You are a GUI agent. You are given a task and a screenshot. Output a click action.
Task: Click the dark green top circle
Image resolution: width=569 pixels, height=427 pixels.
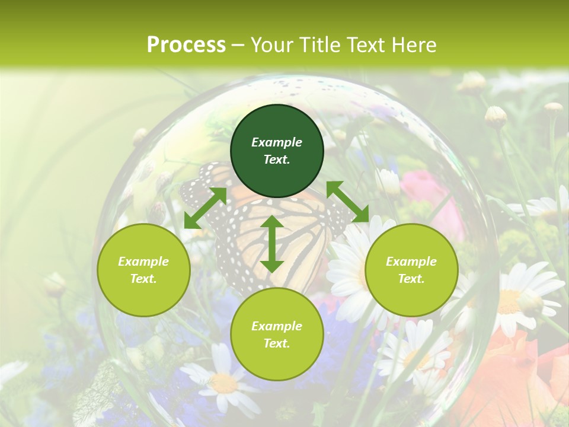pyautogui.click(x=277, y=151)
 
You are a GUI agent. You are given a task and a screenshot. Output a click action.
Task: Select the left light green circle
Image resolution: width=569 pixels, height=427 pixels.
pyautogui.click(x=143, y=270)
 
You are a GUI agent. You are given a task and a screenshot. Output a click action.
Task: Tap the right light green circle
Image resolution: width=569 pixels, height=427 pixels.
pyautogui.click(x=411, y=270)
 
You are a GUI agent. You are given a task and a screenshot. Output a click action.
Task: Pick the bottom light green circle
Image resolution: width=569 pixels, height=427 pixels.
pyautogui.click(x=277, y=334)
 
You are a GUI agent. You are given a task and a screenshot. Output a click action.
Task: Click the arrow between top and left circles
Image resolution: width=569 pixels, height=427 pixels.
pyautogui.click(x=205, y=208)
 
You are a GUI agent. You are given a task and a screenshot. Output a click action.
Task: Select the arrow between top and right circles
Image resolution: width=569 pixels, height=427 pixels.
pyautogui.click(x=347, y=202)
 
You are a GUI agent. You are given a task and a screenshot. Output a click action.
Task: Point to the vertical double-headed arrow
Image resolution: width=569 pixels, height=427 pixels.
pyautogui.click(x=272, y=244)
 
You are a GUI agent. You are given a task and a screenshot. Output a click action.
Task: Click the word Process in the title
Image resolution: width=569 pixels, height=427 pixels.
pyautogui.click(x=186, y=44)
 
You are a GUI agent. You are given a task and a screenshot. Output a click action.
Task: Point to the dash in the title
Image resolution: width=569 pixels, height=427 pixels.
pyautogui.click(x=238, y=45)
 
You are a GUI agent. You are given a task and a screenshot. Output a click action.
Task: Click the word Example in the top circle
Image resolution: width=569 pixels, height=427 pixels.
pyautogui.click(x=277, y=142)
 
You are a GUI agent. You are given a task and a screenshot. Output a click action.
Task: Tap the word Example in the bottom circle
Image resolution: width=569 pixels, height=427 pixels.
pyautogui.click(x=277, y=326)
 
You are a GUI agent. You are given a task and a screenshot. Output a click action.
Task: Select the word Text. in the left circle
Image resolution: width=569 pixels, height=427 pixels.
pyautogui.click(x=143, y=279)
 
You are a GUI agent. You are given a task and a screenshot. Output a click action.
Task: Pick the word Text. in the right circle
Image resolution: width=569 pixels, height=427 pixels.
pyautogui.click(x=411, y=279)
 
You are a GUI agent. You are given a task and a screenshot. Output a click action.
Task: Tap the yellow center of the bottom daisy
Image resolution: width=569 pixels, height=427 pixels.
pyautogui.click(x=223, y=383)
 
